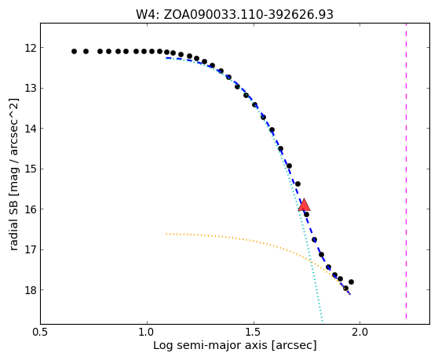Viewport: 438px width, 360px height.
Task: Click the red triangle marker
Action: pyautogui.click(x=305, y=205)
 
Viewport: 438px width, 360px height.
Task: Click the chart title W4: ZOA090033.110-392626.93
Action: pyautogui.click(x=235, y=15)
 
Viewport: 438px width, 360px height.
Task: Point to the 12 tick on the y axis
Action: pyautogui.click(x=31, y=48)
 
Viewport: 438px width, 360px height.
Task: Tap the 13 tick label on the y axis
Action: pyautogui.click(x=31, y=88)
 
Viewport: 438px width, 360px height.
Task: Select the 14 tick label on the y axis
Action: pyautogui.click(x=31, y=129)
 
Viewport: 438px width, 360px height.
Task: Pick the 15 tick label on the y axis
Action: pyautogui.click(x=31, y=169)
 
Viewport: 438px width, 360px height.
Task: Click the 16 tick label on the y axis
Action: pyautogui.click(x=31, y=209)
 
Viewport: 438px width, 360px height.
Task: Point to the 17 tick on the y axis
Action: pyautogui.click(x=31, y=249)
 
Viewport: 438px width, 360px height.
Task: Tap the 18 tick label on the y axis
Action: pyautogui.click(x=31, y=290)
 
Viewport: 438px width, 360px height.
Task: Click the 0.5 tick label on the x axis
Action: pyautogui.click(x=41, y=333)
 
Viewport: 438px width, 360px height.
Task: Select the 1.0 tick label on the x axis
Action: pyautogui.click(x=147, y=333)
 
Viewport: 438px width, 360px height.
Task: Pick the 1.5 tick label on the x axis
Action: pyautogui.click(x=254, y=333)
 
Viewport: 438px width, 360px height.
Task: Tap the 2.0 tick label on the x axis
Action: pyautogui.click(x=360, y=333)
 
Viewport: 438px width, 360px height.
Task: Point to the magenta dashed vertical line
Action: pyautogui.click(x=406, y=171)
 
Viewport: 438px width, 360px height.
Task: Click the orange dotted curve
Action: pyautogui.click(x=250, y=239)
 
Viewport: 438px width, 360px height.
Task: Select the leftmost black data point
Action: pyautogui.click(x=74, y=51)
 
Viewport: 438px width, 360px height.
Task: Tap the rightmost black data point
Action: pyautogui.click(x=351, y=282)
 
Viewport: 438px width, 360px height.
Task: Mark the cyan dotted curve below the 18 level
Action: pyautogui.click(x=319, y=306)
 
